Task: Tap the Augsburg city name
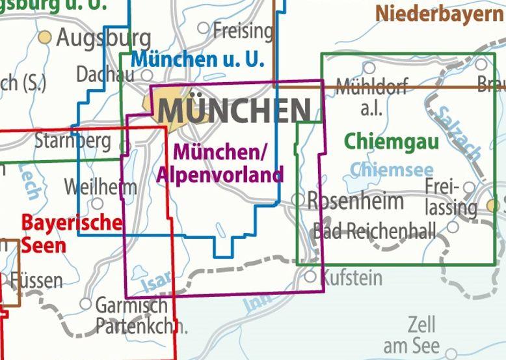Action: click(x=103, y=39)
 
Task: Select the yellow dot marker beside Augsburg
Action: click(x=45, y=37)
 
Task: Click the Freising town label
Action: click(x=243, y=30)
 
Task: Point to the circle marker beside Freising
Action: click(x=204, y=28)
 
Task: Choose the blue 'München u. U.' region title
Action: click(x=198, y=60)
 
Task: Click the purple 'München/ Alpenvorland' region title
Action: click(x=220, y=163)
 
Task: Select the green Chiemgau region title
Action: click(x=382, y=141)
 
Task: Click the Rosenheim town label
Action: click(x=355, y=201)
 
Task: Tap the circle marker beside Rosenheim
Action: click(x=297, y=199)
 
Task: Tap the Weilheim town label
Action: click(x=100, y=188)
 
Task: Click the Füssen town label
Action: click(x=37, y=281)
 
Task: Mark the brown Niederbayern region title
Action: click(x=440, y=13)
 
